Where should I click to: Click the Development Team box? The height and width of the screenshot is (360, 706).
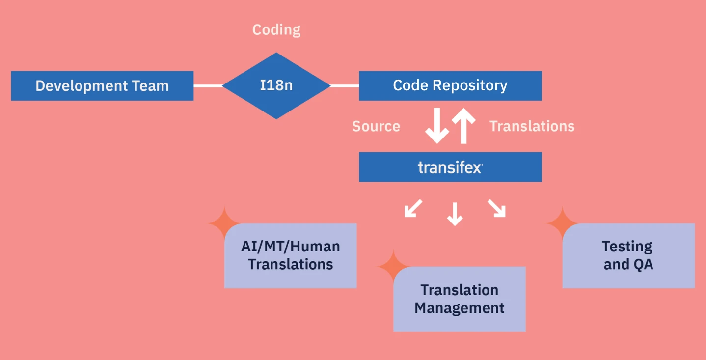point(102,86)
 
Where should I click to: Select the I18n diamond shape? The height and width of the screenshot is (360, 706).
point(276,85)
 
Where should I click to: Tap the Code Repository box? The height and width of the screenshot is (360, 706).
point(450,85)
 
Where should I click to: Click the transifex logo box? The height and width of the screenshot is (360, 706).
point(450,167)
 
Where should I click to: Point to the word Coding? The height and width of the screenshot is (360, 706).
point(276,30)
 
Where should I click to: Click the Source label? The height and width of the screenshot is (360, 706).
point(376,126)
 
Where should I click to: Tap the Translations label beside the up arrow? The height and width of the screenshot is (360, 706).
point(532,126)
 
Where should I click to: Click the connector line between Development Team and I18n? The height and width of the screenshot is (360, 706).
point(208,86)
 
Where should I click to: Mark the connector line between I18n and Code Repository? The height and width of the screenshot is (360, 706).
point(345,86)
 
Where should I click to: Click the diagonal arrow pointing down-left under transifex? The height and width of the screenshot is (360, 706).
point(412,208)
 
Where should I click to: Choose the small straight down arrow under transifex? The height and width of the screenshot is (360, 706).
point(455,214)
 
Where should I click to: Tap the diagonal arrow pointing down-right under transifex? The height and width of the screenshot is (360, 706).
point(496,208)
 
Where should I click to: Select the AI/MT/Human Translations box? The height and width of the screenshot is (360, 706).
point(291,255)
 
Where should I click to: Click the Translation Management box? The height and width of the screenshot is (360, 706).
point(460,299)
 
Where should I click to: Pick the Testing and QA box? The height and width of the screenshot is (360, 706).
point(628,255)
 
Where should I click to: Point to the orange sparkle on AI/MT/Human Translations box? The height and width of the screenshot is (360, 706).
point(223,223)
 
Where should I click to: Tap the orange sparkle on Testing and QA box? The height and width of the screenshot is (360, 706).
point(562,223)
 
